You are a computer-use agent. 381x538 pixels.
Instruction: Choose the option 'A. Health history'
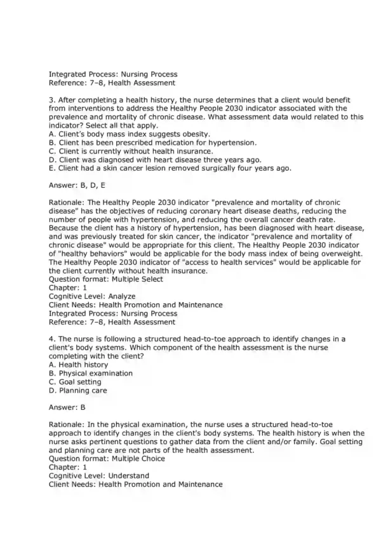pyautogui.click(x=80, y=365)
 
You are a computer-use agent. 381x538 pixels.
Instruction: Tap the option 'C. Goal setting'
pyautogui.click(x=75, y=382)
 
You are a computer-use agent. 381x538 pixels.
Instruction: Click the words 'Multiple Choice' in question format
pyautogui.click(x=138, y=459)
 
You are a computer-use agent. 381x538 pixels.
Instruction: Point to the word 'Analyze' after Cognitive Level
pyautogui.click(x=121, y=296)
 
